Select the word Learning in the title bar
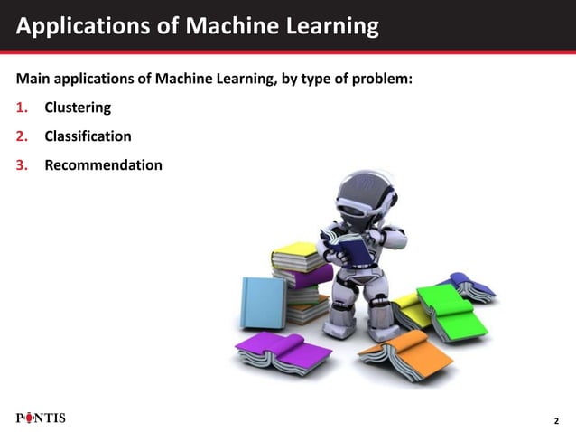(330, 27)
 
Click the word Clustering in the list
(78, 108)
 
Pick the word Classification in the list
(88, 136)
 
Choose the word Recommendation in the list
(103, 165)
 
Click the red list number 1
(21, 108)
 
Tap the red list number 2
(21, 136)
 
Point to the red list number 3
(21, 165)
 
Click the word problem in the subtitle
(384, 79)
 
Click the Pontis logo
(41, 418)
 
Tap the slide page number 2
(556, 421)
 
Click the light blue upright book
(262, 302)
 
